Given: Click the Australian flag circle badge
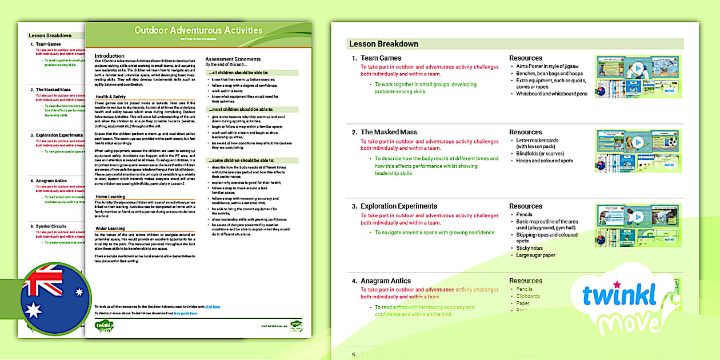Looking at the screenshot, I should [55, 298].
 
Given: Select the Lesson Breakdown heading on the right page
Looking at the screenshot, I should [384, 43].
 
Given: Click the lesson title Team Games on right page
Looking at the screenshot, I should [381, 58].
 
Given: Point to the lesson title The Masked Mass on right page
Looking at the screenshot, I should [389, 132].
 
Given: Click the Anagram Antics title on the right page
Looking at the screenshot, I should [386, 281].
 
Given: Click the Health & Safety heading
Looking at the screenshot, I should [110, 97].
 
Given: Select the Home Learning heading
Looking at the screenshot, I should [110, 197].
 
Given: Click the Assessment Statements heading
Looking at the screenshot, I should [233, 59].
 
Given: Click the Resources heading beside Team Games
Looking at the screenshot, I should [526, 58].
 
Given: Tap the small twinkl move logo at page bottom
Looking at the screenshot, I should [104, 326].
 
